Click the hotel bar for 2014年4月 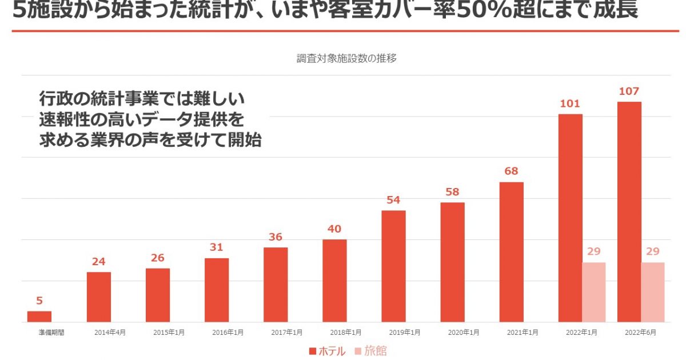[x=99, y=297]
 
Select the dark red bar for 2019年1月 [x=393, y=266]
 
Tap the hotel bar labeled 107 [x=629, y=212]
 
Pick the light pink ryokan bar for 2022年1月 [x=593, y=292]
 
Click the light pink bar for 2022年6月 [x=652, y=292]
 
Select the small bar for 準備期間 [x=39, y=317]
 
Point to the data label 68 [x=511, y=171]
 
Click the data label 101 [x=570, y=103]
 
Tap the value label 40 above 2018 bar [x=334, y=229]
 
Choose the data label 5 [x=39, y=301]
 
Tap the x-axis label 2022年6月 [x=640, y=332]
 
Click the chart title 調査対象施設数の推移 [x=346, y=58]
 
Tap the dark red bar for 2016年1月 [x=217, y=290]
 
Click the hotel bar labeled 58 [x=452, y=262]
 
